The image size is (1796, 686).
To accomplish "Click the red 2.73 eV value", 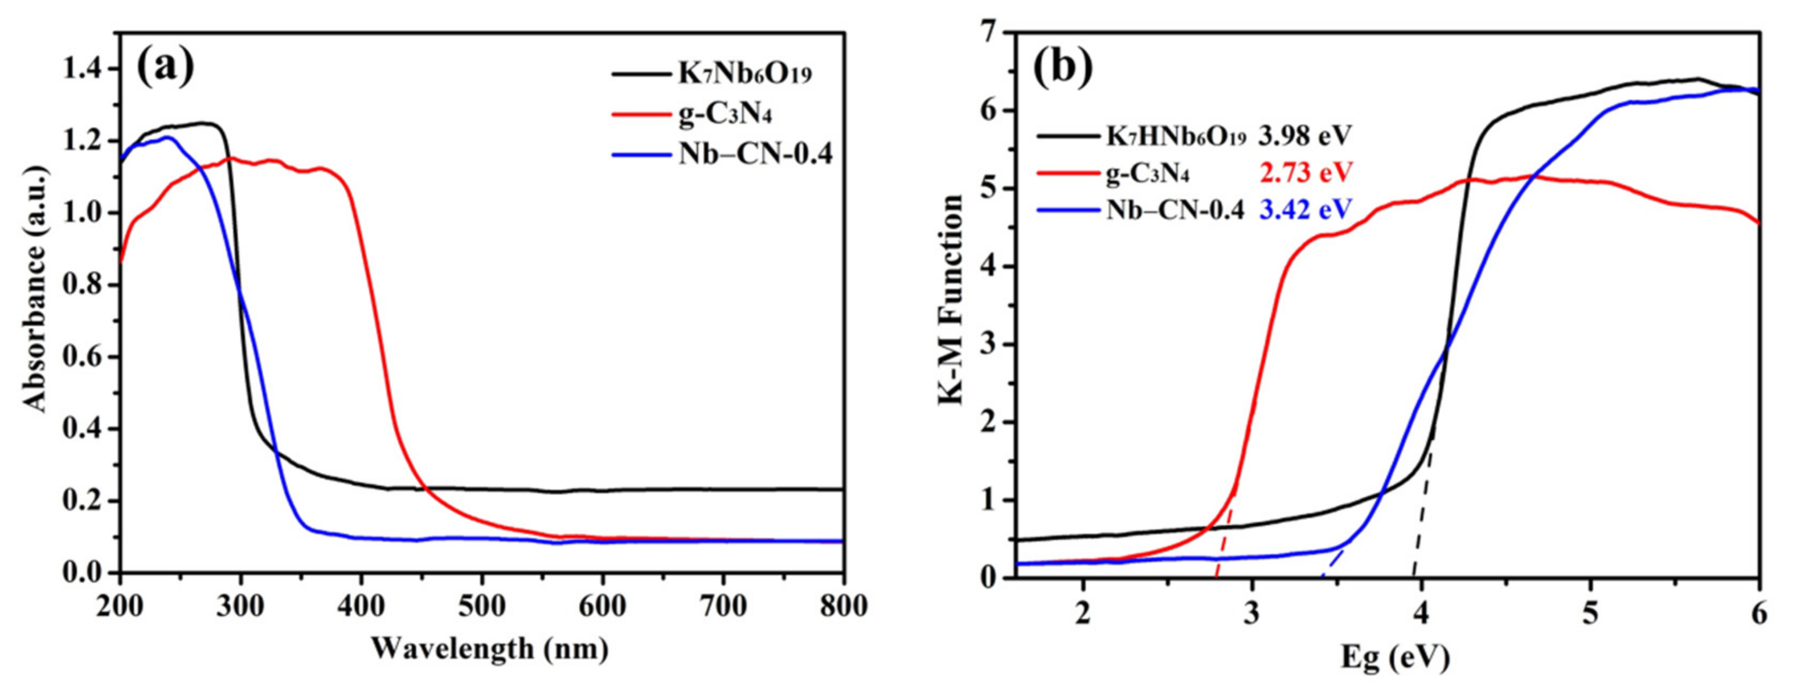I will pos(1304,172).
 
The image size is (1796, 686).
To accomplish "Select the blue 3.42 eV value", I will pos(1304,209).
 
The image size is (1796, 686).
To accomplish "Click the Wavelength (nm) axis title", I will pos(489,649).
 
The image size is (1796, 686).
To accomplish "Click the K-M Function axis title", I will pos(951,300).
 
